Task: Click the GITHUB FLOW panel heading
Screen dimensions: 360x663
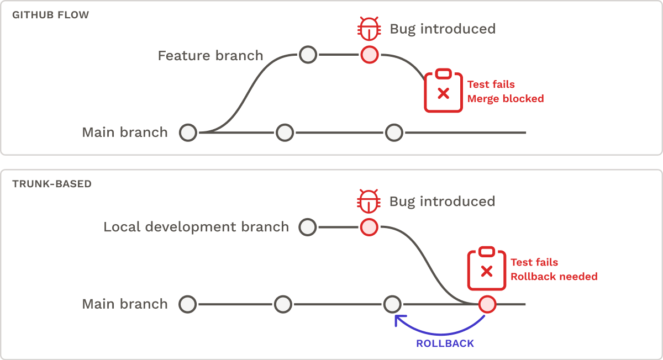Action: (x=50, y=15)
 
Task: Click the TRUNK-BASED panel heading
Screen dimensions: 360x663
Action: (x=52, y=184)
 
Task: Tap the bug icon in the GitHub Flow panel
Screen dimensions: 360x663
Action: (x=369, y=28)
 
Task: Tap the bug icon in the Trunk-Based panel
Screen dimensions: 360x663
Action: (x=369, y=201)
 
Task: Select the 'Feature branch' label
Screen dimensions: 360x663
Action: (x=211, y=56)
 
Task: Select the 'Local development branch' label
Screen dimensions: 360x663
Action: (x=196, y=227)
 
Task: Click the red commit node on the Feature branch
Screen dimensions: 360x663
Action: (x=369, y=55)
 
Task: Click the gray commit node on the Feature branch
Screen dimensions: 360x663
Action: (x=308, y=55)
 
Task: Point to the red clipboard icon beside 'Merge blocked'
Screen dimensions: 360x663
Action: (x=443, y=91)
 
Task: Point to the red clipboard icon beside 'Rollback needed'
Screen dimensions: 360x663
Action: (x=486, y=269)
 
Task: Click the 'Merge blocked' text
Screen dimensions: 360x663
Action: (x=506, y=99)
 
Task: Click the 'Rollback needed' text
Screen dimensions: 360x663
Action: (x=554, y=277)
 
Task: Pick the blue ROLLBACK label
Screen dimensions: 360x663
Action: (x=445, y=343)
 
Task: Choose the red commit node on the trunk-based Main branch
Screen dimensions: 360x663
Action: (x=487, y=304)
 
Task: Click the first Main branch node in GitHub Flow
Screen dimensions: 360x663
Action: (x=188, y=133)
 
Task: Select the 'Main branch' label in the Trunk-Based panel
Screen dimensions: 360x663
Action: (x=124, y=304)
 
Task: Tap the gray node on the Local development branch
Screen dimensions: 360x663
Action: (x=307, y=227)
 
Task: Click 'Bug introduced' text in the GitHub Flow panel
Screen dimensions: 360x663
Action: (x=443, y=29)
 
